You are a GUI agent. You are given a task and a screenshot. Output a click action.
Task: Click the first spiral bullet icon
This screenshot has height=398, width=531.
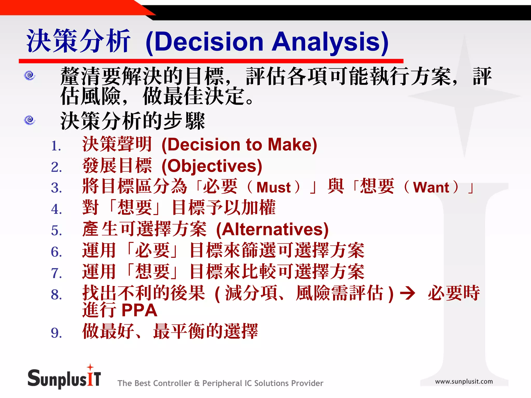click(x=30, y=75)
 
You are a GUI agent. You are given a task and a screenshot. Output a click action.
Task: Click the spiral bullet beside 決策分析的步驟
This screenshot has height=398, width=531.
click(x=30, y=120)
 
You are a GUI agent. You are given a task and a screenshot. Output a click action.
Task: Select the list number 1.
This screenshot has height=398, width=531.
click(x=56, y=146)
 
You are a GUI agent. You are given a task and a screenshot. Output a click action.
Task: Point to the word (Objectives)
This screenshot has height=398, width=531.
click(x=212, y=166)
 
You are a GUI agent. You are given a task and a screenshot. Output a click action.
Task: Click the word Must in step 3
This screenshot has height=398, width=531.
click(x=274, y=188)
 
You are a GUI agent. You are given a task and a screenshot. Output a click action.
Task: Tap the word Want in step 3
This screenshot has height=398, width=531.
click(x=431, y=188)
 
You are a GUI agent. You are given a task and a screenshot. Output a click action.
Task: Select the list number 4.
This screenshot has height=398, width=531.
click(x=56, y=209)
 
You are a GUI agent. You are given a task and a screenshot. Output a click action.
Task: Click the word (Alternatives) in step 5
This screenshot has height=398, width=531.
click(x=272, y=230)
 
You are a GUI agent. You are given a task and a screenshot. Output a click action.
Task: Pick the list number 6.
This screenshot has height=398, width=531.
click(x=56, y=252)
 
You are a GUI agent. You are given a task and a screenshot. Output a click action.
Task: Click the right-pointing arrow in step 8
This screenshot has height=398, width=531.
click(x=408, y=294)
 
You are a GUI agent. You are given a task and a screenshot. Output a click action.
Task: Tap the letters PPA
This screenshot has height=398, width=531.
click(x=139, y=310)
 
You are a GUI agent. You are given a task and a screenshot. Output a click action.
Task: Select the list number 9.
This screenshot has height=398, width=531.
click(x=56, y=333)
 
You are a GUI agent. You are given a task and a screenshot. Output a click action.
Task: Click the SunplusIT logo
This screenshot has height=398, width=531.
click(x=64, y=379)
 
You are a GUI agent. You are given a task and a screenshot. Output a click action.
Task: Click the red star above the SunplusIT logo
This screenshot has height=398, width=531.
click(x=90, y=367)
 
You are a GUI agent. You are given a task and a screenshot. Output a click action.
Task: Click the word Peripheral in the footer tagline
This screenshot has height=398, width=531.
click(x=222, y=383)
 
